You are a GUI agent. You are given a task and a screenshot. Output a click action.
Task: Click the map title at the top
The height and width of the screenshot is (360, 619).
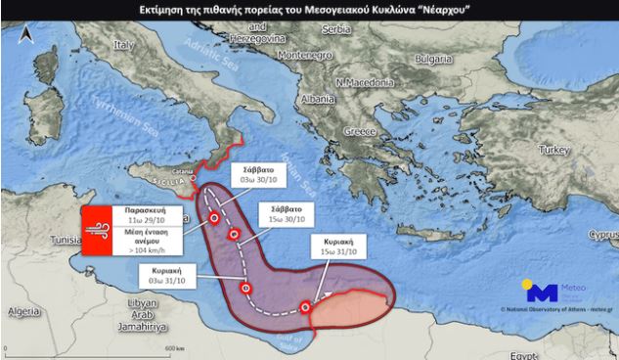coord(309,10)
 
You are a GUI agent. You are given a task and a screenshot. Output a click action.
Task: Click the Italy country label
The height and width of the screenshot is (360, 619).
coord(123,45)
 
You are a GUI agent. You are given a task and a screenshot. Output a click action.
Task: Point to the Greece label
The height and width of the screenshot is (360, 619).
coord(358,131)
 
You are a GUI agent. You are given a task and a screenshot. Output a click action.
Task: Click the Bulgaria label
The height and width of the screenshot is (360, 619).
coord(432,58)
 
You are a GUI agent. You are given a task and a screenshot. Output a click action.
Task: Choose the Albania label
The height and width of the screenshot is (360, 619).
coord(320,99)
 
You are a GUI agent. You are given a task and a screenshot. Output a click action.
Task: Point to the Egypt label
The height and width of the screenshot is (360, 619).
coord(524,354)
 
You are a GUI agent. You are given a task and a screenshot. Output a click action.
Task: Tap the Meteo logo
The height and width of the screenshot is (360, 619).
coord(555,292)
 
